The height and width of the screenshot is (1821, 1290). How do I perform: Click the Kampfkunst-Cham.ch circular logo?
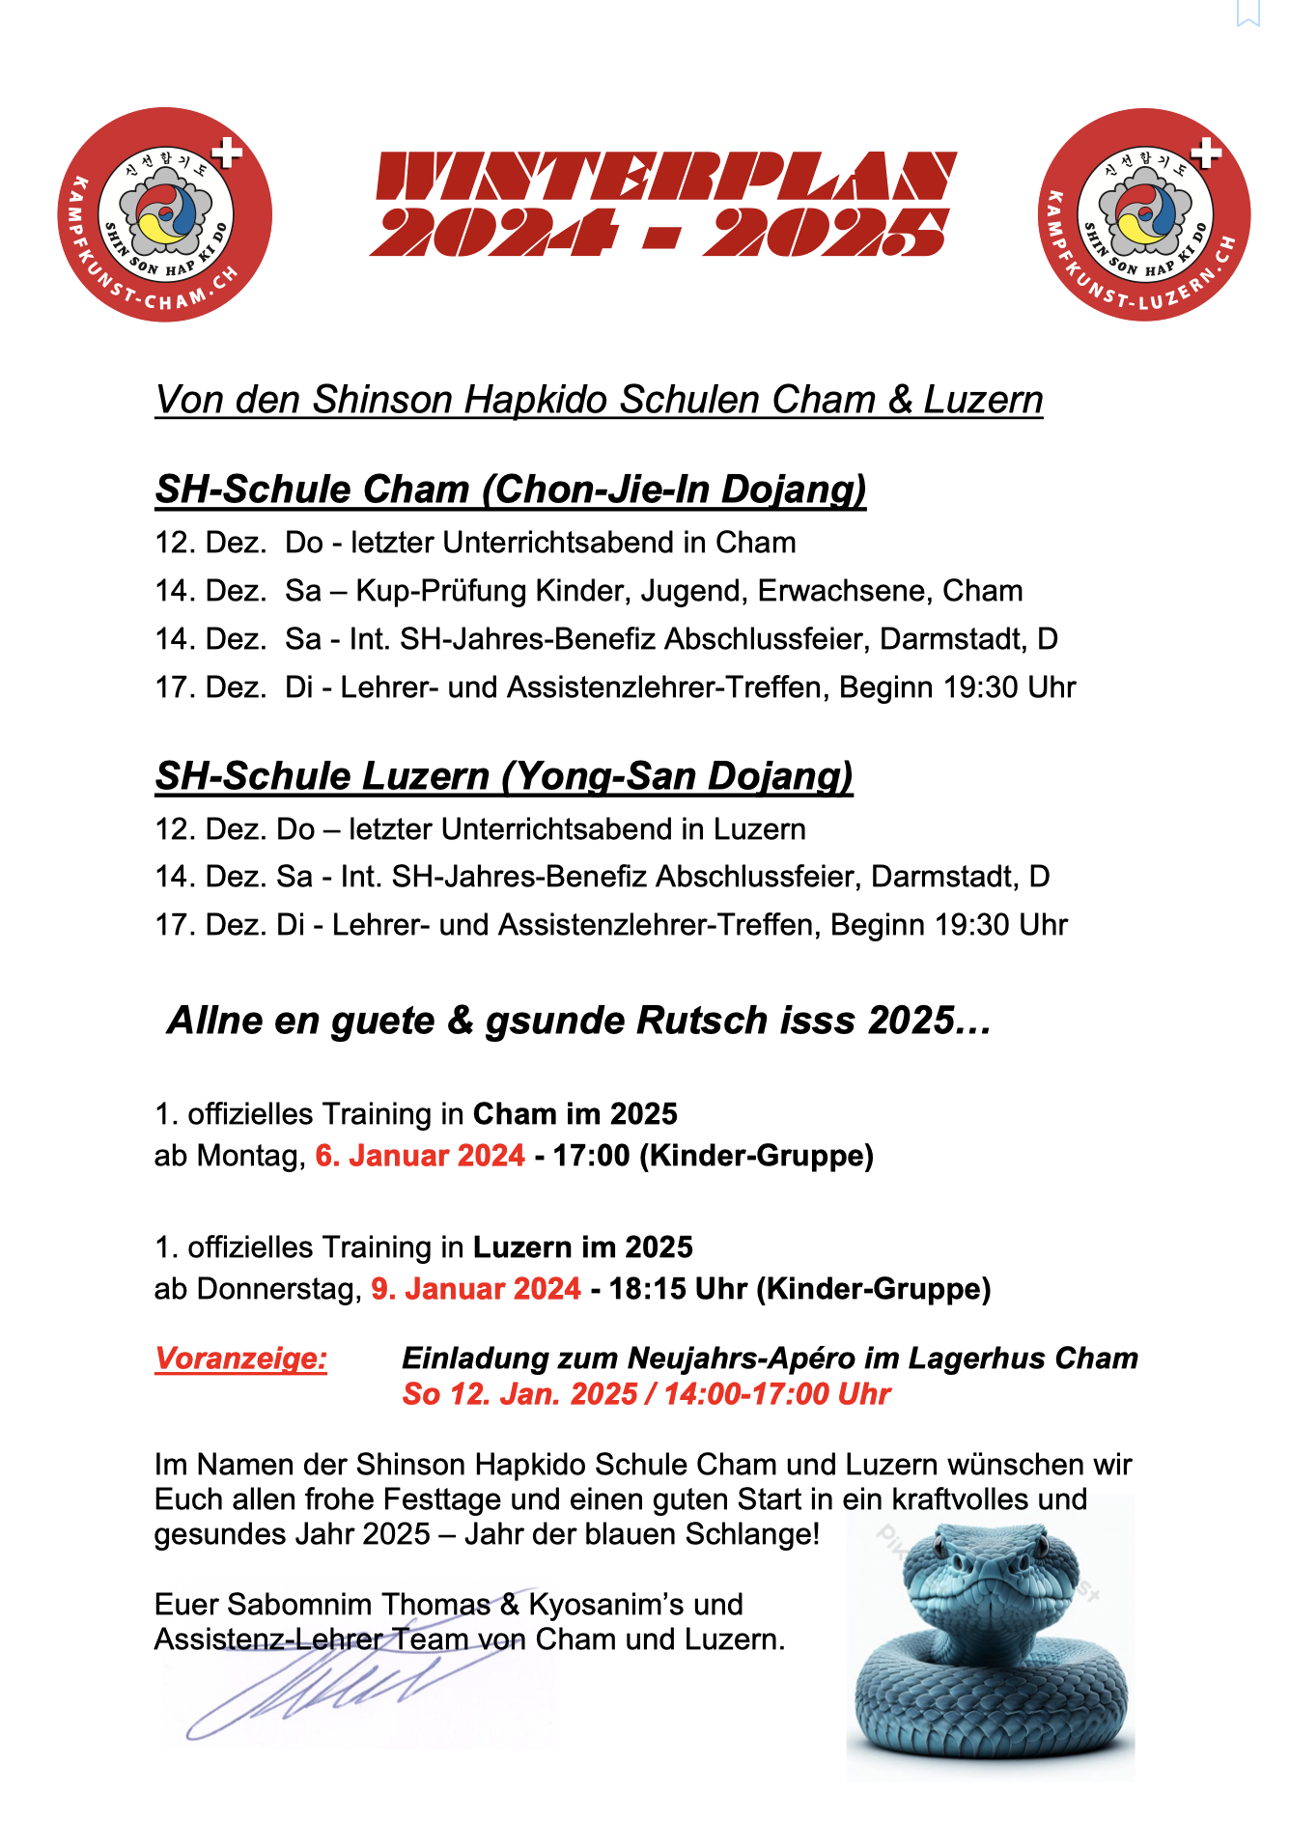tap(165, 214)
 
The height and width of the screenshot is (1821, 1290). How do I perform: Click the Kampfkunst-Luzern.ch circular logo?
tap(1144, 214)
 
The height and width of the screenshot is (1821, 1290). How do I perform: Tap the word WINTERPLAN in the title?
tap(665, 176)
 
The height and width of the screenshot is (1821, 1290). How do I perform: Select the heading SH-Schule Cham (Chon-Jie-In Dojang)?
tap(511, 490)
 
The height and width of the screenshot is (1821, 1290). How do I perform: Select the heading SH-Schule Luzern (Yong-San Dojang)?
tap(504, 776)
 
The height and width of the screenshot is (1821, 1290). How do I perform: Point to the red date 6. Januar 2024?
tap(420, 1156)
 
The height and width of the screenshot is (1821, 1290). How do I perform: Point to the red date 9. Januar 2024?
tap(476, 1289)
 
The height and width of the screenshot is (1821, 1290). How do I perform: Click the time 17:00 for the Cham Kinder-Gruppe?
tap(591, 1156)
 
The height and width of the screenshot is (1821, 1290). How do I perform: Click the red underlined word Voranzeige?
tap(240, 1359)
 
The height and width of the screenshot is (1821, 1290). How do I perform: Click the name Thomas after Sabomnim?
tap(436, 1605)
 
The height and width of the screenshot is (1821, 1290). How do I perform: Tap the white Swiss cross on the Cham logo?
tap(227, 153)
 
